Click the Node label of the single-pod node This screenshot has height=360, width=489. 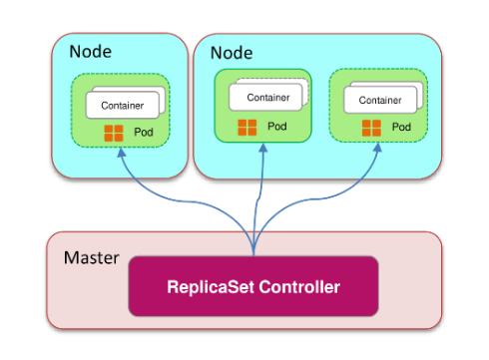click(x=90, y=52)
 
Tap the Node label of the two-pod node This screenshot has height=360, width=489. click(x=232, y=53)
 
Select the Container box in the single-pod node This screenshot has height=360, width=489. click(x=123, y=105)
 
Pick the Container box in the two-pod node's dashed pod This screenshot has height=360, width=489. click(x=380, y=100)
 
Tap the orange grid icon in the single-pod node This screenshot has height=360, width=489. click(x=114, y=133)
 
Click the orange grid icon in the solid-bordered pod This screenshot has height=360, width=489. click(x=247, y=128)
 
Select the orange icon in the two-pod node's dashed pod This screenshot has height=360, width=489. click(x=371, y=128)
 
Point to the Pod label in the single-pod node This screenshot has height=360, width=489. click(x=144, y=132)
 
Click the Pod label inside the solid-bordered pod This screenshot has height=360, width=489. click(x=277, y=127)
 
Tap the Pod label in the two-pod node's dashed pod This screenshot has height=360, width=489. click(x=401, y=127)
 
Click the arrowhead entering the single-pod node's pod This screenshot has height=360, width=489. click(x=122, y=153)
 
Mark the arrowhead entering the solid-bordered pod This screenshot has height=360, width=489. click(x=263, y=148)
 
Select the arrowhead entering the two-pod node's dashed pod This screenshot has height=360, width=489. click(x=377, y=148)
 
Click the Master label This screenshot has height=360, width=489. click(x=92, y=258)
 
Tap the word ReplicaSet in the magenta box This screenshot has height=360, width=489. click(x=211, y=286)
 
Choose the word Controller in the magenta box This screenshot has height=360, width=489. click(x=299, y=286)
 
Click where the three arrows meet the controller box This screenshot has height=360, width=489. click(x=253, y=255)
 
